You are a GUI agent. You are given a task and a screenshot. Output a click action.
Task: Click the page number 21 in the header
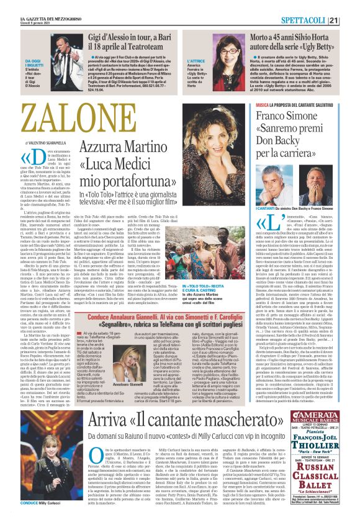[x=350, y=20]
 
